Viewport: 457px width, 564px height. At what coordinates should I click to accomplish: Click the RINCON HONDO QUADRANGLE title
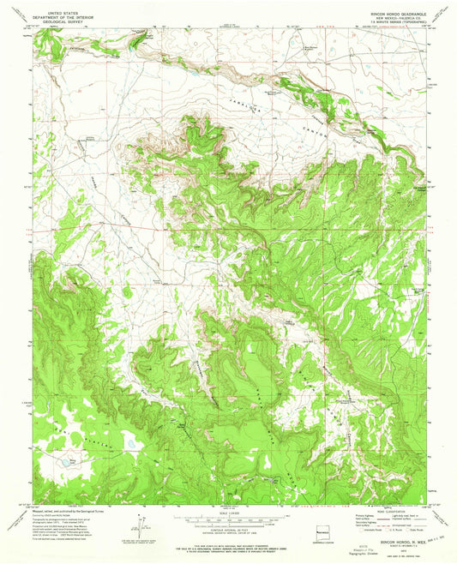point(386,15)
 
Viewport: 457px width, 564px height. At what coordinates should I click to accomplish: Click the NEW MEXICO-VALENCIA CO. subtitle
point(386,19)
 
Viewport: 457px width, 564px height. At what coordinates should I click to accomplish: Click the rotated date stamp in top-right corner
point(438,19)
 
